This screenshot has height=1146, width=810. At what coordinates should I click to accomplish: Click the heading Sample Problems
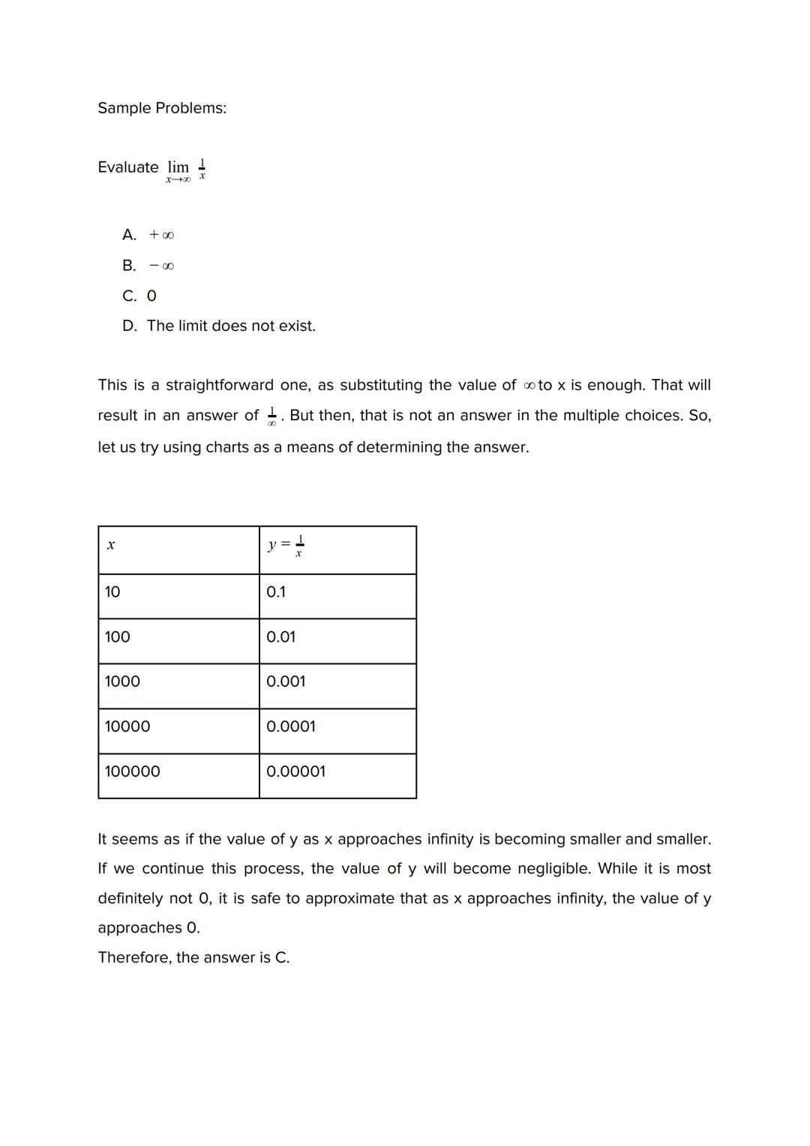tap(162, 108)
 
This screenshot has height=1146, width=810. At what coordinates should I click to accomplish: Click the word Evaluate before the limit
tap(128, 167)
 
